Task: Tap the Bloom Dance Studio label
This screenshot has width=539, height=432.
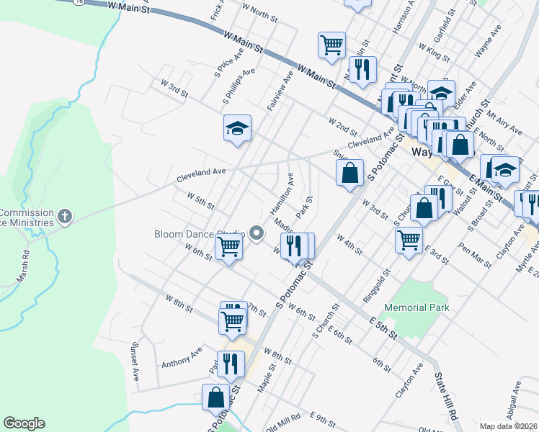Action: pos(199,233)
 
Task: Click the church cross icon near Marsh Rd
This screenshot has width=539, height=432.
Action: pos(65,217)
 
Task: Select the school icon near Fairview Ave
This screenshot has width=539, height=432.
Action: pos(237,128)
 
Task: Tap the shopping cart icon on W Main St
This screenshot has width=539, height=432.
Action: pos(331,44)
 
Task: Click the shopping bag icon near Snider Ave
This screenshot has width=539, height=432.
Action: pos(349,172)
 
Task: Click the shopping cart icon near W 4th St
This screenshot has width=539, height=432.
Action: pos(409,238)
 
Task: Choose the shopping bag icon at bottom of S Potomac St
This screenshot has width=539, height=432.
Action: pos(216,397)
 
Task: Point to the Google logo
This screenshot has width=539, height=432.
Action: pos(24,423)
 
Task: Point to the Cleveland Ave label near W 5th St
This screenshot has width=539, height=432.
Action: pos(201,173)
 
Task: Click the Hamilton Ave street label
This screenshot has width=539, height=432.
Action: pos(280,195)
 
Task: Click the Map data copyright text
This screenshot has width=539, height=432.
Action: pos(509,426)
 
